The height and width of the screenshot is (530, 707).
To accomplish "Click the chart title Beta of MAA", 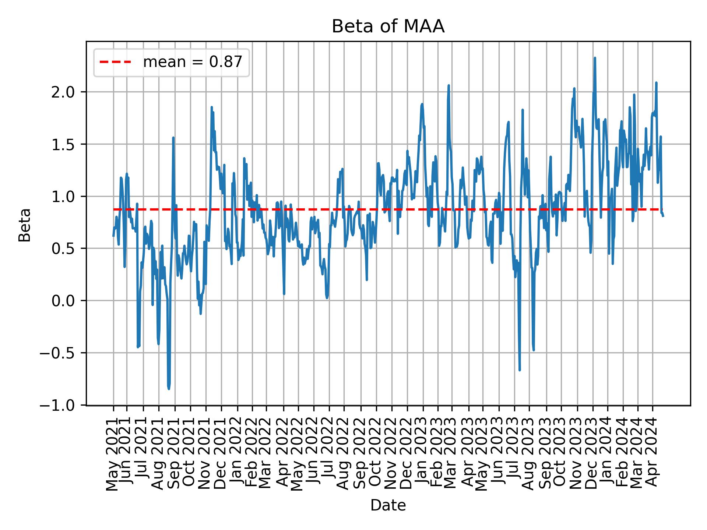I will pyautogui.click(x=388, y=27).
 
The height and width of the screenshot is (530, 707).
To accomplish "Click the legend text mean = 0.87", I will pyautogui.click(x=193, y=62).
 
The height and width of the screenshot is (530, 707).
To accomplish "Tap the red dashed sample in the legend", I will pyautogui.click(x=115, y=62).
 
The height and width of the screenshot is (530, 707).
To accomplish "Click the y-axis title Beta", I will pyautogui.click(x=25, y=225).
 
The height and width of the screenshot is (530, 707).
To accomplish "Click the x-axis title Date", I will pyautogui.click(x=388, y=506).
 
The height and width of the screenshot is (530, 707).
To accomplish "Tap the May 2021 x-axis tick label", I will pyautogui.click(x=113, y=454).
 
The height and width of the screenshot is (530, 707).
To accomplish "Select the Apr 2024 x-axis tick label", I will pyautogui.click(x=652, y=454).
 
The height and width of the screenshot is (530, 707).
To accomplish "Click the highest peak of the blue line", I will pyautogui.click(x=595, y=58).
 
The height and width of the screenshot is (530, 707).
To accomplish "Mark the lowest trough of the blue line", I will pyautogui.click(x=169, y=389).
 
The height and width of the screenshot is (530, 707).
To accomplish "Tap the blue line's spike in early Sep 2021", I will pyautogui.click(x=173, y=138).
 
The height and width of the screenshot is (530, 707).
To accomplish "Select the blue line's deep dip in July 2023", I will pyautogui.click(x=520, y=370).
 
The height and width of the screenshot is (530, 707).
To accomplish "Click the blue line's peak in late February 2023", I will pyautogui.click(x=449, y=85).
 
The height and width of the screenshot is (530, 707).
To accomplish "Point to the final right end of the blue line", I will pyautogui.click(x=663, y=216).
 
